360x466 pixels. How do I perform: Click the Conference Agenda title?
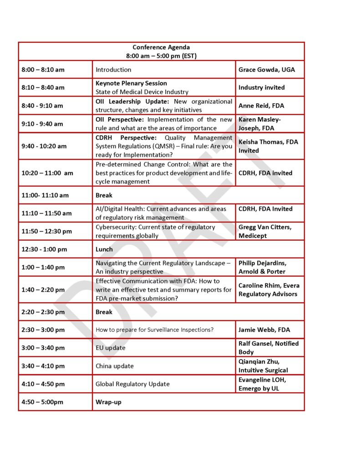[x=161, y=47]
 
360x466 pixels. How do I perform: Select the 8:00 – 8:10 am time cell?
[x=43, y=70]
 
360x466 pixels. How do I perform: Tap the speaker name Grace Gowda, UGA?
[x=266, y=70]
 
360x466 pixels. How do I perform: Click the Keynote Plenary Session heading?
[x=131, y=83]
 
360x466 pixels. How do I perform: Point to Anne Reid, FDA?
[x=261, y=106]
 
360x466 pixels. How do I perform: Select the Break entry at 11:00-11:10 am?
[x=104, y=195]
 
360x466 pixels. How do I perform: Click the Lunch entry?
[x=104, y=249]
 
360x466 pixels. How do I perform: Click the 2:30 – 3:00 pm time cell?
[x=43, y=329]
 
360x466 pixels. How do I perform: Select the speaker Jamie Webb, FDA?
[x=264, y=329]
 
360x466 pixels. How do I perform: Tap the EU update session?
[x=110, y=348]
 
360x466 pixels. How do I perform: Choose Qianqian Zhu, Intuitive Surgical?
[x=263, y=366]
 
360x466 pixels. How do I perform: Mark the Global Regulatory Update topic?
[x=132, y=384]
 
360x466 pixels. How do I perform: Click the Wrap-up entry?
[x=108, y=402]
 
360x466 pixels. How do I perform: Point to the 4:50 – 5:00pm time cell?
[x=42, y=402]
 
